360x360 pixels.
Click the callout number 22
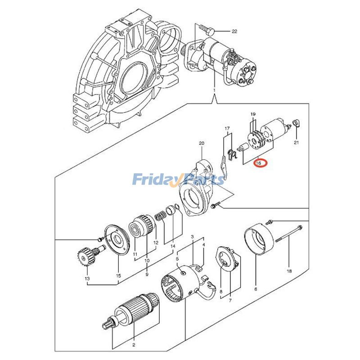tap(234, 31)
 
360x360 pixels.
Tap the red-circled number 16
tap(259, 163)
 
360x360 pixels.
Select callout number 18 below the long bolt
tap(289, 271)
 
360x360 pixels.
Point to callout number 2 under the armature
tap(133, 345)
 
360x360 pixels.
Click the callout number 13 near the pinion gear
tap(87, 279)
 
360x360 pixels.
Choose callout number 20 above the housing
tap(202, 144)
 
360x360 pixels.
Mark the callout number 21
tap(296, 143)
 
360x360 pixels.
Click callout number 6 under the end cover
tap(256, 290)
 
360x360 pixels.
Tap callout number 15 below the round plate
tap(118, 275)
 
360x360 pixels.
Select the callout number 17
tap(227, 128)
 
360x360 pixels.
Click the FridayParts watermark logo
tap(178, 180)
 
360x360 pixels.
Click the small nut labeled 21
tap(296, 123)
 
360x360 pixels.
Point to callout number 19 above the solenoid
tap(253, 114)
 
